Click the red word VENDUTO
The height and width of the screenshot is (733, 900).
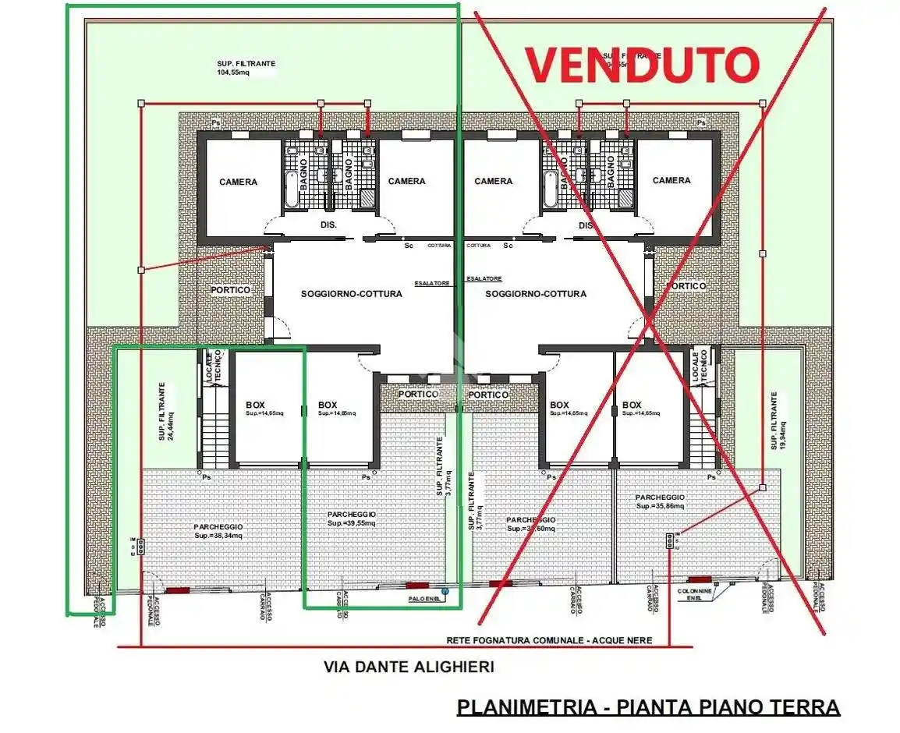(x=641, y=66)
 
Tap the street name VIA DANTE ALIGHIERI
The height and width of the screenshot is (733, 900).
(x=409, y=667)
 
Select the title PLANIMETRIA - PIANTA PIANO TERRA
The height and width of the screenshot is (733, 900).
(x=648, y=707)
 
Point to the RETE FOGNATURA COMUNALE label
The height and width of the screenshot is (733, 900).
(x=560, y=640)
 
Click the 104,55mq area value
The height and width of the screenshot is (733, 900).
(x=234, y=73)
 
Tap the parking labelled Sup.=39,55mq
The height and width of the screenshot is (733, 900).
(x=352, y=519)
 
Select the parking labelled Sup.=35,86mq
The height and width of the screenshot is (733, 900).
(x=660, y=501)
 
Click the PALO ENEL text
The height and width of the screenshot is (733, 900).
(x=423, y=600)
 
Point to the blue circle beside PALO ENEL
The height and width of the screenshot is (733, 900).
(x=445, y=592)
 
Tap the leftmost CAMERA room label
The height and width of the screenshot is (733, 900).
(x=238, y=182)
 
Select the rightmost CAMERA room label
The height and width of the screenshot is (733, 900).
(x=671, y=180)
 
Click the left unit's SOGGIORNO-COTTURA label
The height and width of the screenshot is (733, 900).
(x=352, y=294)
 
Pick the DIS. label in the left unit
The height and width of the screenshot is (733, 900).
(x=328, y=225)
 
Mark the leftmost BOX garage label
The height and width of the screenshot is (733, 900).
(x=255, y=405)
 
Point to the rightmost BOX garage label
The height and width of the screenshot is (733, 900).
(x=632, y=405)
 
